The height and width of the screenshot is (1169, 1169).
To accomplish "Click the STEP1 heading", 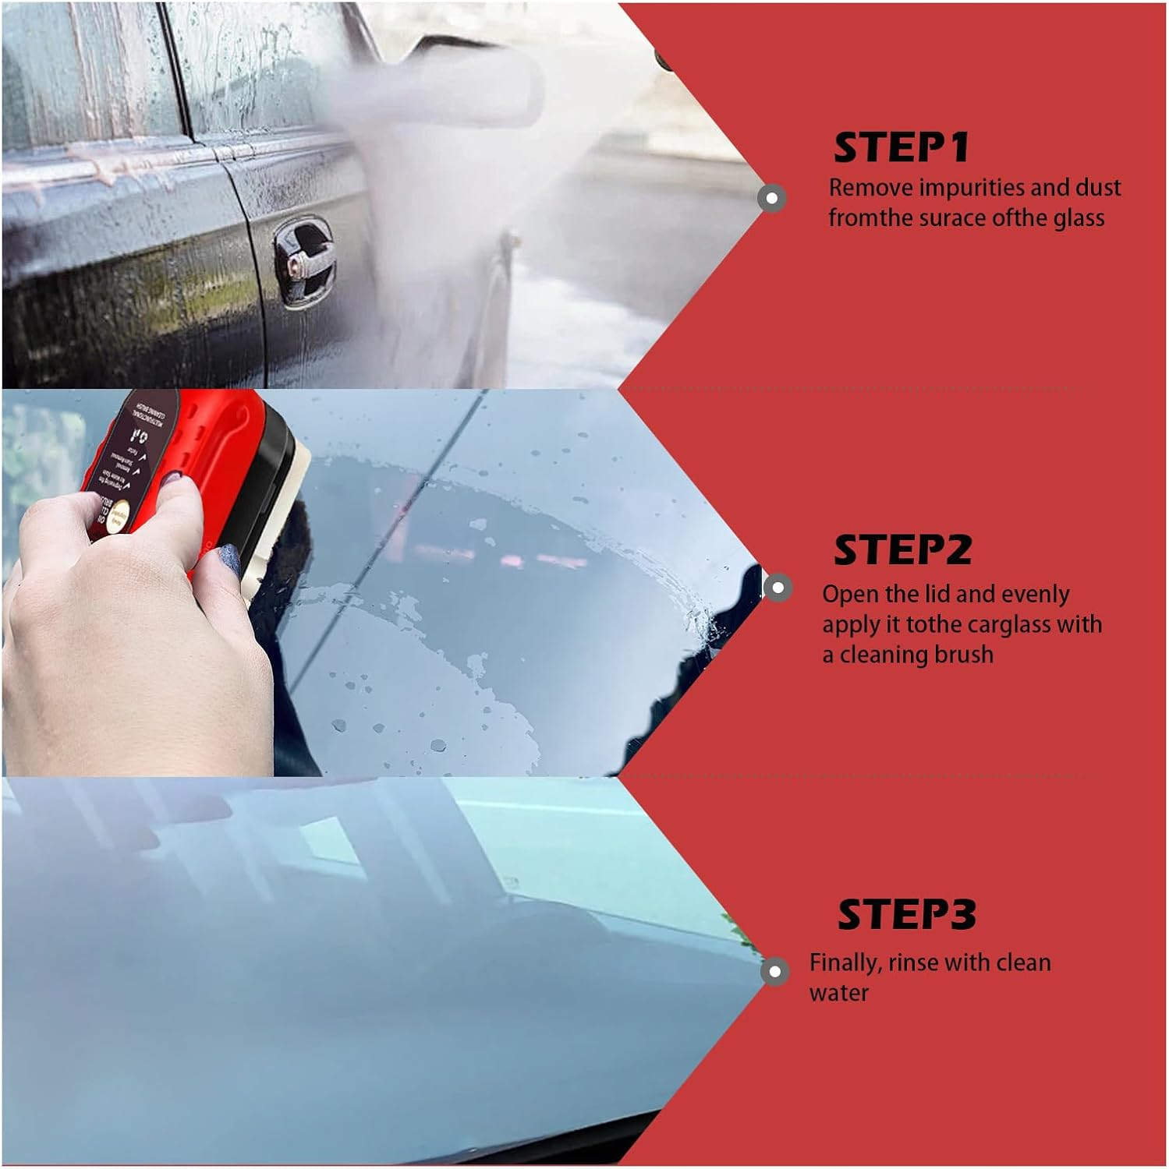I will (x=901, y=148).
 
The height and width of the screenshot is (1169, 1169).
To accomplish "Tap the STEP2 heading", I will (x=902, y=550).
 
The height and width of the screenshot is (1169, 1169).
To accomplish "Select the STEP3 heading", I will (x=906, y=914).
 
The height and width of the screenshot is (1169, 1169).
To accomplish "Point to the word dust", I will (x=1098, y=188).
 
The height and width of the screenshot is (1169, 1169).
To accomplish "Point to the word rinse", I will (x=917, y=962).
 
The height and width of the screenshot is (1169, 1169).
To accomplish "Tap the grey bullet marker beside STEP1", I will (x=772, y=198).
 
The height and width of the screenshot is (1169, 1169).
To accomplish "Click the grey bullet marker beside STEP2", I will (x=776, y=587).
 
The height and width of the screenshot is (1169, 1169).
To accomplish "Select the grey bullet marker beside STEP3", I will (x=774, y=971).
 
